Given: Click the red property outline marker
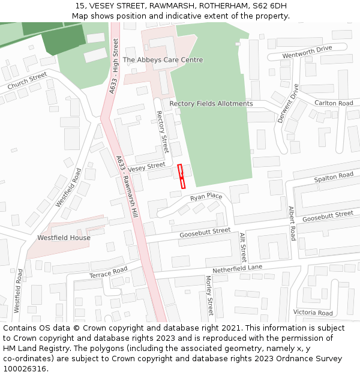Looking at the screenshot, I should point(181,176).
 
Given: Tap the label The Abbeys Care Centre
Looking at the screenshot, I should point(163,60).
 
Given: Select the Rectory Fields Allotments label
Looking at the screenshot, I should point(211,104).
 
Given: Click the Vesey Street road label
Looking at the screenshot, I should point(146,166).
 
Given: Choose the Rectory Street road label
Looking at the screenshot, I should point(162,131).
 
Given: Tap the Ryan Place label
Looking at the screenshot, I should point(206,197).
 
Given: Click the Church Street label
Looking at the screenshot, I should point(27,81).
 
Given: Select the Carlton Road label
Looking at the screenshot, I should point(334,103).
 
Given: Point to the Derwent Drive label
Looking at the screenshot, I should point(288,103).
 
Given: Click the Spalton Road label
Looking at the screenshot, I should point(334,178).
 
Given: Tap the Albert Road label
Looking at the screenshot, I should point(292,223).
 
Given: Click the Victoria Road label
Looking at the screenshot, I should point(313,313).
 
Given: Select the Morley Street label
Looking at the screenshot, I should point(209,295).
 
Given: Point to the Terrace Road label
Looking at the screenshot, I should point(109,272).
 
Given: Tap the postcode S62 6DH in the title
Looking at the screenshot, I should point(269,6).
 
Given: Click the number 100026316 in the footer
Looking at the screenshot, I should point(25,368).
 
